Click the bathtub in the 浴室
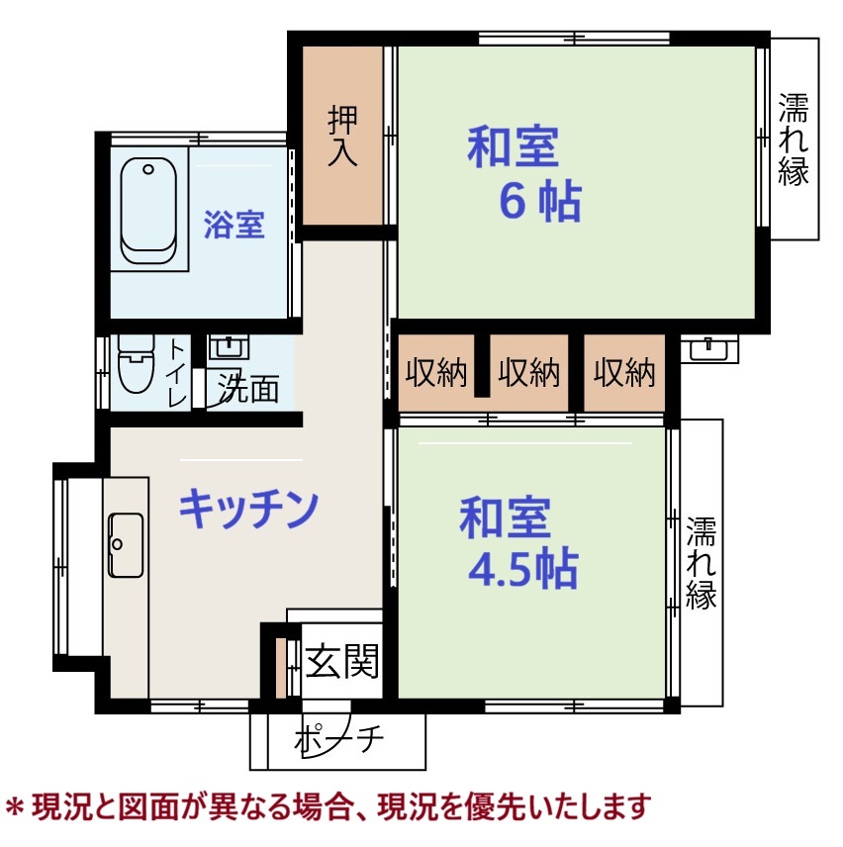(x=148, y=211)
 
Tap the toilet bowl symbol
(x=137, y=362)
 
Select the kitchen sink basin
(x=126, y=545)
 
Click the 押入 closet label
(x=342, y=136)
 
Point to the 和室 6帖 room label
(x=523, y=173)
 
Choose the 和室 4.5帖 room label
(x=518, y=543)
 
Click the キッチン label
(x=248, y=509)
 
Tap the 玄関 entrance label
(x=342, y=661)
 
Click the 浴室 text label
(x=234, y=225)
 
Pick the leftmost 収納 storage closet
(x=436, y=372)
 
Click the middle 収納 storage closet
(x=528, y=372)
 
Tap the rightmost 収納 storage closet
(x=624, y=372)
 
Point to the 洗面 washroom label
(x=248, y=389)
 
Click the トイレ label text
(x=176, y=372)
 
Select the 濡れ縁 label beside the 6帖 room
(x=794, y=140)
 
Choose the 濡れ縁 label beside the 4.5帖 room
(x=701, y=563)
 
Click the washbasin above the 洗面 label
(x=229, y=346)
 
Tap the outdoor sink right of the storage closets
(x=709, y=348)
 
